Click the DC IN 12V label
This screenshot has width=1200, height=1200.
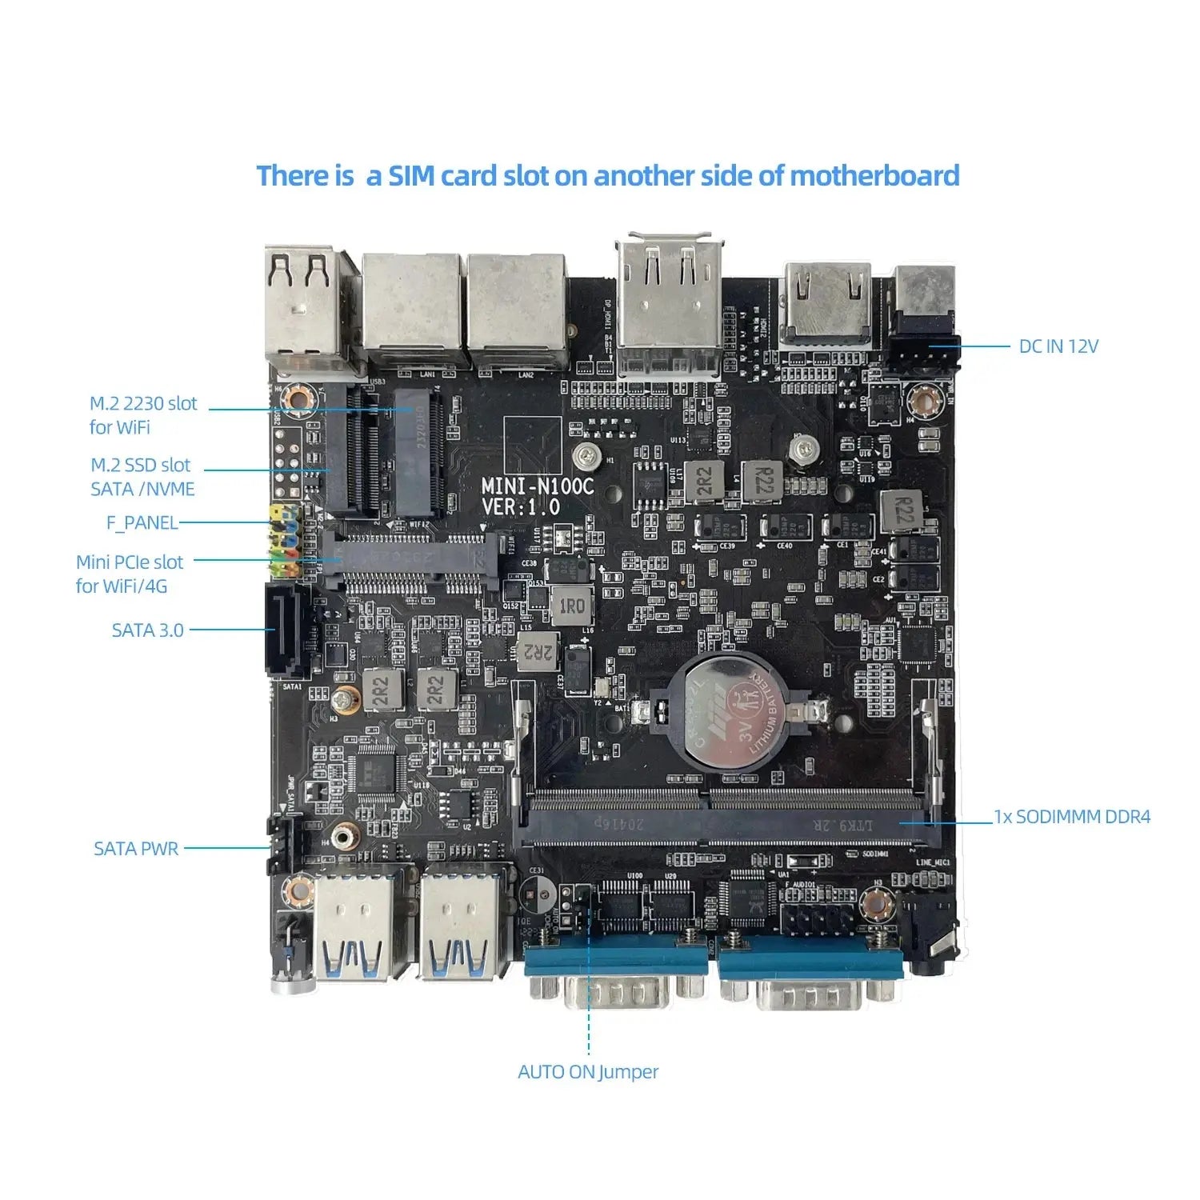(1058, 346)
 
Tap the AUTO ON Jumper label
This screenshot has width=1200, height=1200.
(588, 1072)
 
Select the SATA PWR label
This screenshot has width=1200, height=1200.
(136, 849)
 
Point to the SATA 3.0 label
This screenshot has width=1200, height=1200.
(148, 630)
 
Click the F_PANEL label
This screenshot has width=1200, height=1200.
(142, 523)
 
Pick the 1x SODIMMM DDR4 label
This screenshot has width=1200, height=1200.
(1072, 817)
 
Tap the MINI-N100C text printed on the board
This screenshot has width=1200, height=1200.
(538, 486)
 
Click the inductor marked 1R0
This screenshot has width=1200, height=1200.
(571, 606)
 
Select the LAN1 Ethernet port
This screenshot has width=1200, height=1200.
(413, 308)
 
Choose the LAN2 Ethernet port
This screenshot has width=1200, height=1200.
(517, 308)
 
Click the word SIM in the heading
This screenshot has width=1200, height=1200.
(412, 176)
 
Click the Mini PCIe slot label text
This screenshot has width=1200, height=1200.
(130, 574)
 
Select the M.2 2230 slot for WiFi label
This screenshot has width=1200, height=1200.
(142, 415)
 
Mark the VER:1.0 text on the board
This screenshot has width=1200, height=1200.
(521, 506)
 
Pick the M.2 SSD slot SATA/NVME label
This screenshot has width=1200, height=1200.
(142, 477)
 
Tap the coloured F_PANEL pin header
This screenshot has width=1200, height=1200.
(284, 540)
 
